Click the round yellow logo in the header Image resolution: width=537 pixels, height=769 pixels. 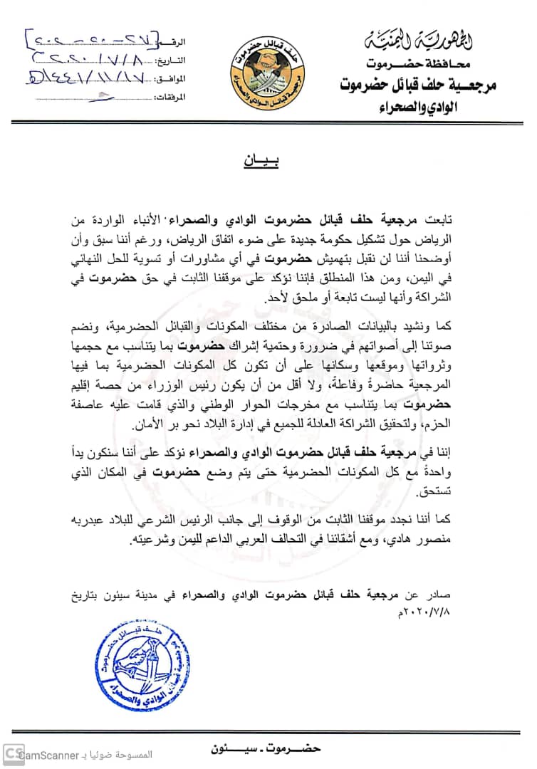[268, 67]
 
